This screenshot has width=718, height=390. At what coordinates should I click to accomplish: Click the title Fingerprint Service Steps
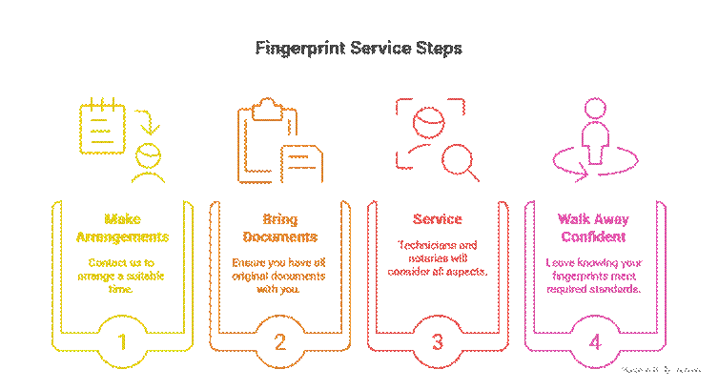(359, 48)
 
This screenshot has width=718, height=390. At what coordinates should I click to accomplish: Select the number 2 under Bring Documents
(279, 342)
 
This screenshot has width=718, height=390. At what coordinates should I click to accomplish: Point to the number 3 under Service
(437, 342)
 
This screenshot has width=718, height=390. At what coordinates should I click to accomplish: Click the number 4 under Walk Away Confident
(595, 342)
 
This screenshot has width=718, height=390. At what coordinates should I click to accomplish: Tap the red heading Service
(437, 218)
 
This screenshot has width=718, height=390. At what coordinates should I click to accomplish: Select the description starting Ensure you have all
(279, 275)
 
